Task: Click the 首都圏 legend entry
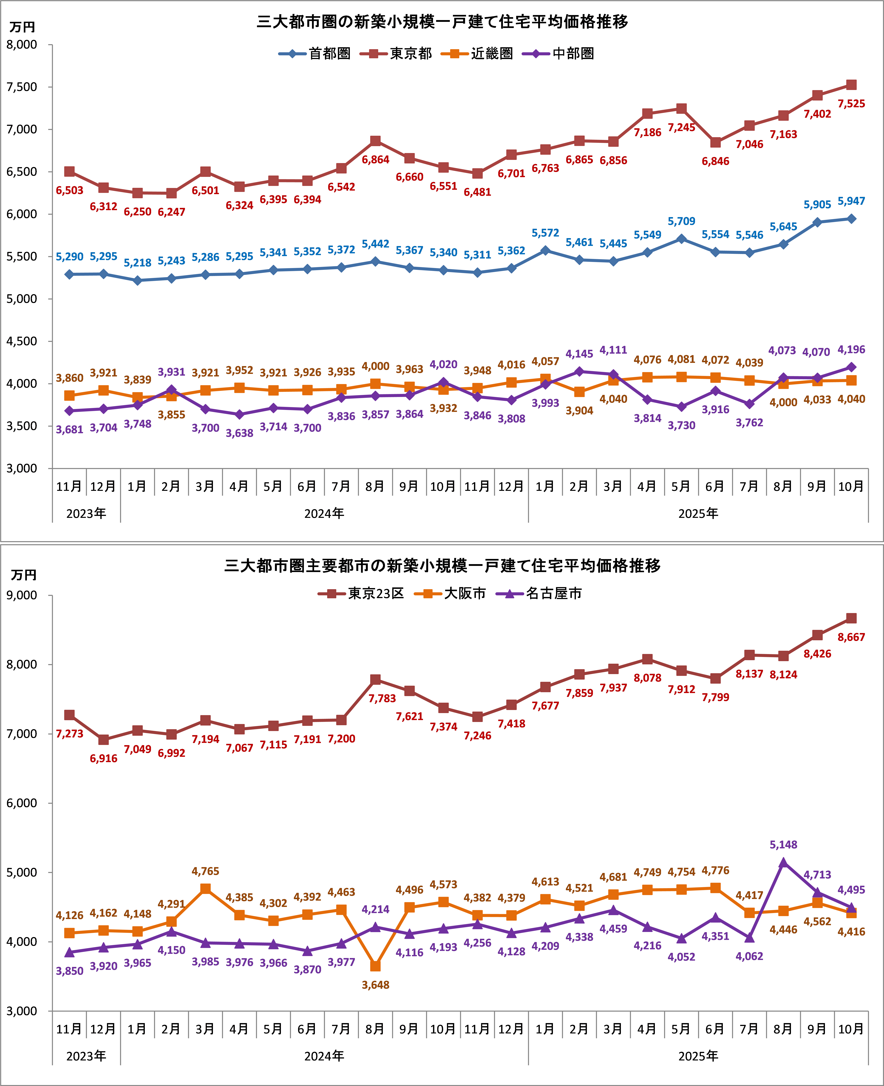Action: [315, 53]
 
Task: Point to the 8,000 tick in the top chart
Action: [22, 45]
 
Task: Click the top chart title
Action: [442, 22]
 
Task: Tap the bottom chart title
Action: [442, 566]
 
